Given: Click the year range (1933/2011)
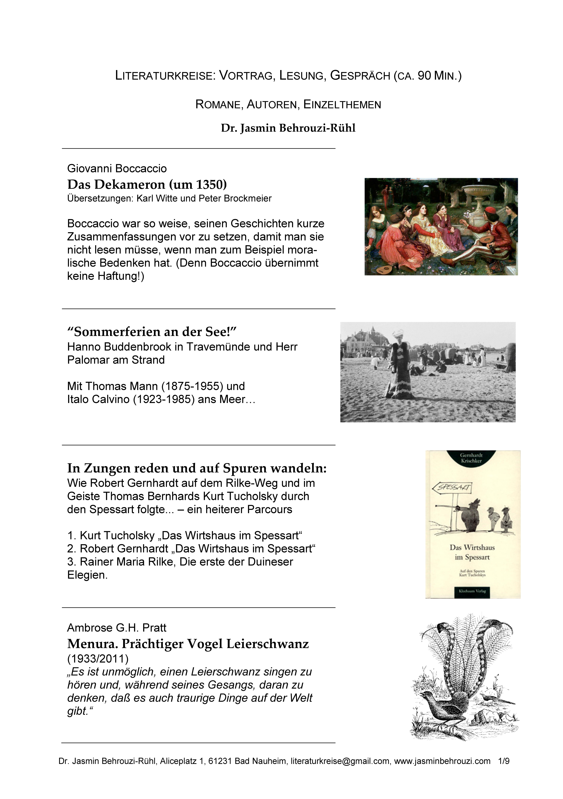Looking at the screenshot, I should [x=98, y=659].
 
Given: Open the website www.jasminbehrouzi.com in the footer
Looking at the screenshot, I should [x=442, y=761].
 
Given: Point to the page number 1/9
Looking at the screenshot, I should [x=504, y=761].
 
